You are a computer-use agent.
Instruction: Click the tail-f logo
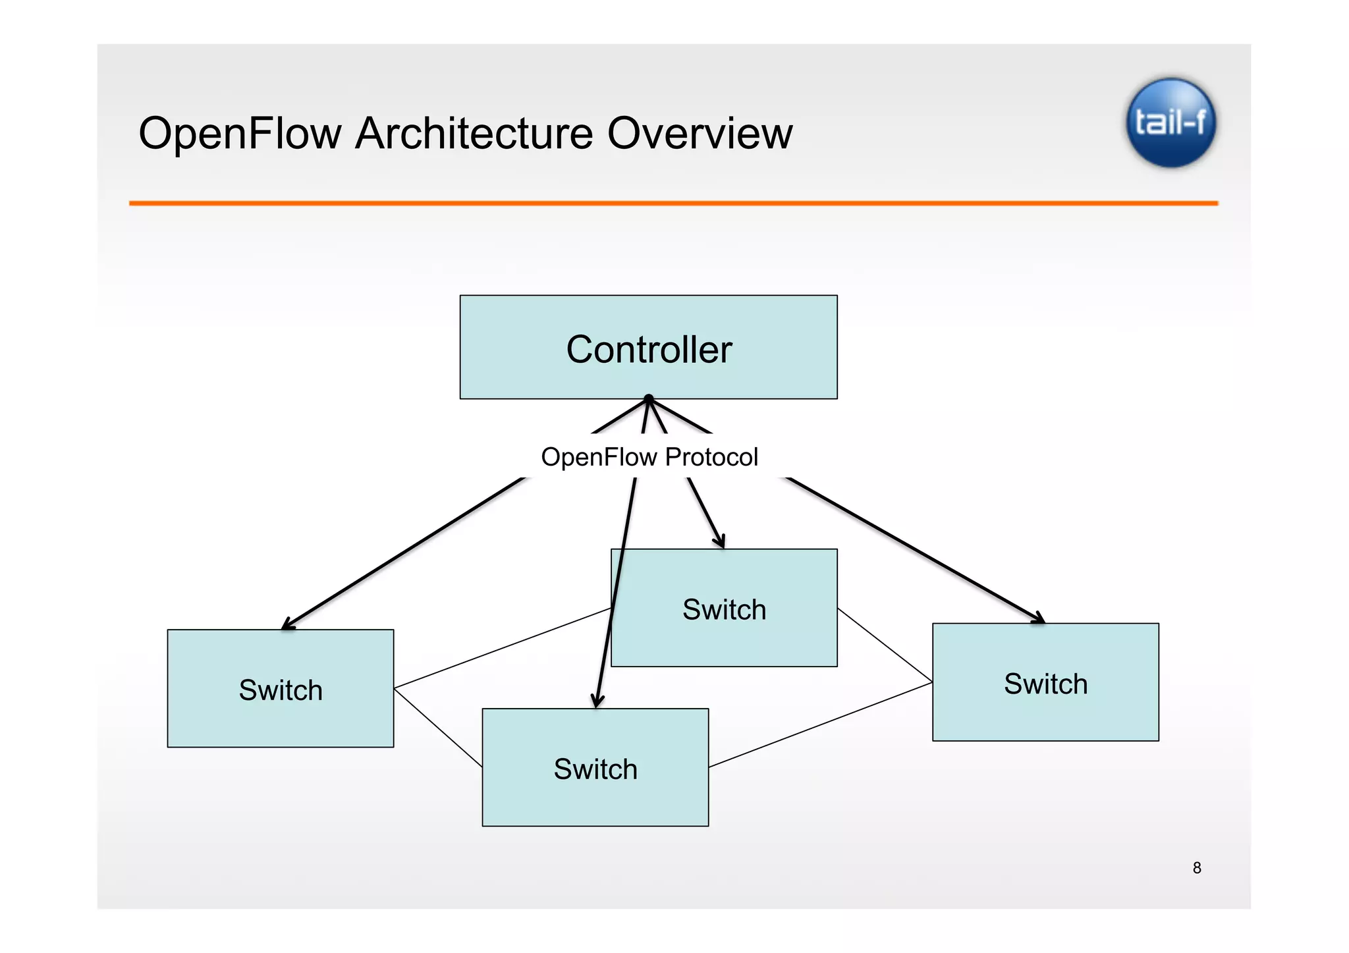click(1170, 123)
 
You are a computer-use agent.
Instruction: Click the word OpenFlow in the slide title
click(240, 134)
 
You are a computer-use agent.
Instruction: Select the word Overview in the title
click(700, 134)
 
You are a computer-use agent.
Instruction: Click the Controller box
click(648, 347)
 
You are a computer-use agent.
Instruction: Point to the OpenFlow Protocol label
click(649, 456)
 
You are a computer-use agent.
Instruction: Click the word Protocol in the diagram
click(711, 456)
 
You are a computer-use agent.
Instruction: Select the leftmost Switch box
click(281, 688)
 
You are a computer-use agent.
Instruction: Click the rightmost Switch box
click(1045, 682)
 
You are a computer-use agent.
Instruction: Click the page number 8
click(1197, 868)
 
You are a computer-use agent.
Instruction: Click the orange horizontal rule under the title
click(673, 204)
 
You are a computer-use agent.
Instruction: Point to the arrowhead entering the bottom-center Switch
click(597, 701)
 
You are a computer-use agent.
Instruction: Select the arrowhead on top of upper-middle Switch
click(721, 541)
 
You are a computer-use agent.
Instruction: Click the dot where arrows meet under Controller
click(649, 398)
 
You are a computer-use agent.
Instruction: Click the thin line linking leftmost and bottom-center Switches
click(438, 728)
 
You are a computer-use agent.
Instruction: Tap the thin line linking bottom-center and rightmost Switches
click(820, 724)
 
